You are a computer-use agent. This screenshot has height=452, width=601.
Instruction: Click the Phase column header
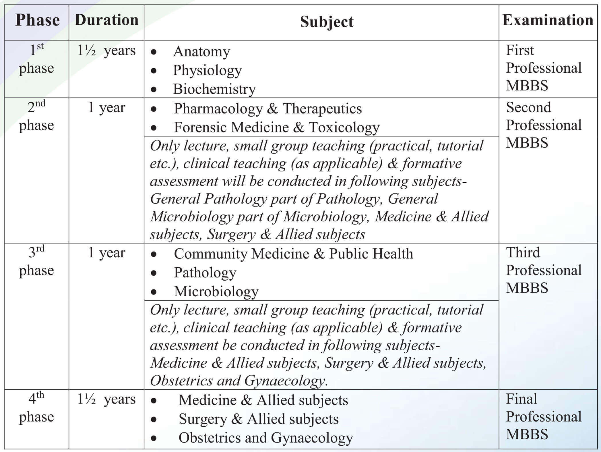coord(37,20)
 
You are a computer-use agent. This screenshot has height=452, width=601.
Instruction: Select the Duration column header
coord(106,20)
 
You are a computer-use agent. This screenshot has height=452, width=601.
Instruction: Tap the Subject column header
coord(327,22)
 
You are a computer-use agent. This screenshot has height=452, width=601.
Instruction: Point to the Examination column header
coord(548,20)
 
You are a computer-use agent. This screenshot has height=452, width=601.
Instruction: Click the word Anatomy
coord(201,52)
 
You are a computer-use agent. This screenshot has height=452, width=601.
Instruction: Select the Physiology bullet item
coord(207,70)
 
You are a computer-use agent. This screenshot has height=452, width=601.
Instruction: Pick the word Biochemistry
coord(214,89)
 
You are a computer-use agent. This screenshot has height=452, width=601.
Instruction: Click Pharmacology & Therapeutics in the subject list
coord(267,109)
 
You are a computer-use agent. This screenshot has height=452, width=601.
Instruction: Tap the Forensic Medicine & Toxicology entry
coord(276,127)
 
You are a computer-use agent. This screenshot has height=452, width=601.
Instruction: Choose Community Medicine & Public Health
coord(293,254)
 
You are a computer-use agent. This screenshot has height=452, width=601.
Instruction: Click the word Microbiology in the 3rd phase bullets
coord(216,291)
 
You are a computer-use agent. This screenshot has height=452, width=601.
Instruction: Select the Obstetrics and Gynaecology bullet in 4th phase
coord(265,438)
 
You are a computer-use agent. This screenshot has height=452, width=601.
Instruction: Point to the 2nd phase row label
coord(36,116)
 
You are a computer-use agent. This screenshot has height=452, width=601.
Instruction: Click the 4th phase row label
coord(36,408)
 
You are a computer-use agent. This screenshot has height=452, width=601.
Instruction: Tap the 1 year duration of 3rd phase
coord(106,253)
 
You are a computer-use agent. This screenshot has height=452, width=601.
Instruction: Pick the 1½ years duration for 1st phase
coord(106,51)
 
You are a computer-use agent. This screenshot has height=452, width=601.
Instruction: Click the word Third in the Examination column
coord(523,253)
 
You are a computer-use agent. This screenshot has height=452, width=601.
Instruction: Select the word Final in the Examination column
coord(521,399)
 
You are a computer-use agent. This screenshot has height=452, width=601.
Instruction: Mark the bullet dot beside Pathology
coord(154,273)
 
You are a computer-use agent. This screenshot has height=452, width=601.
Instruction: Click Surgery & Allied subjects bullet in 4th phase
coord(258,419)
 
